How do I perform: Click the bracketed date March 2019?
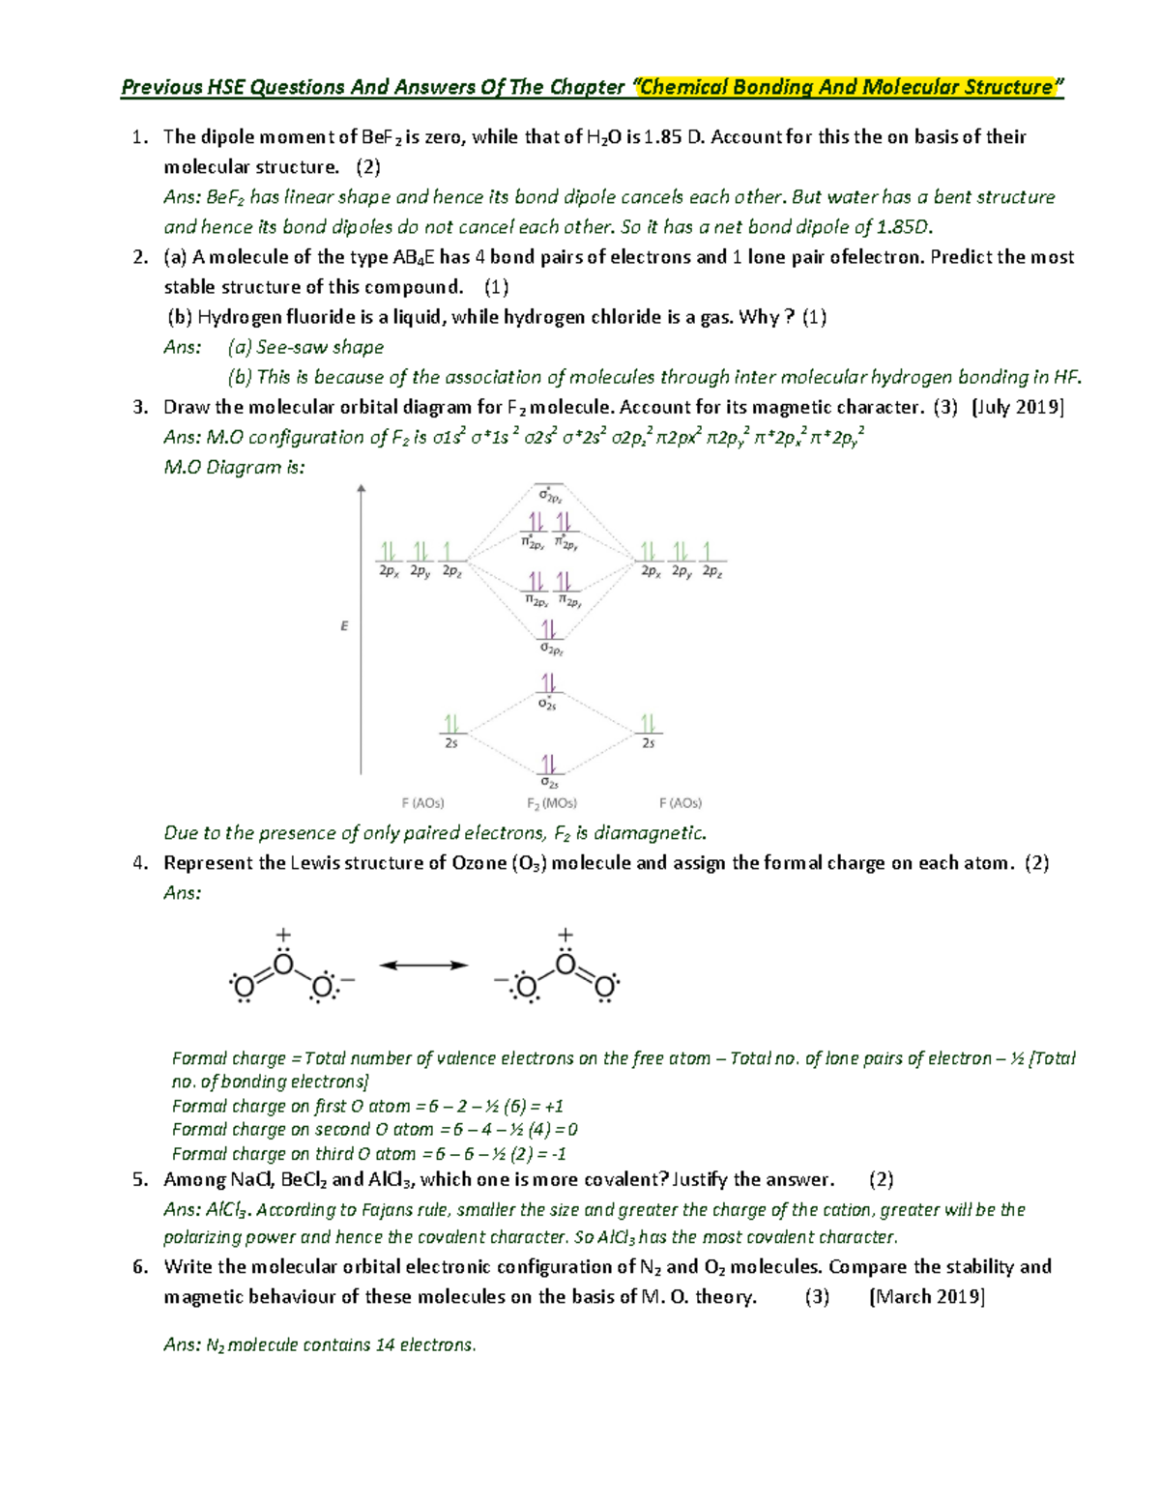point(927,1297)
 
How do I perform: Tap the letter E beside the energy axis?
point(344,626)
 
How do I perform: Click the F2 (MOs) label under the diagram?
point(551,803)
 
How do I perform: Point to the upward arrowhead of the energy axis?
point(362,490)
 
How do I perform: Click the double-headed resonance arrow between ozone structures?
point(423,965)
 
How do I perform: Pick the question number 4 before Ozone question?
point(139,863)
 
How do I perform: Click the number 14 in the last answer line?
point(385,1345)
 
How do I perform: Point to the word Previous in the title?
point(160,88)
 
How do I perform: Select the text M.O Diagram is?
point(235,468)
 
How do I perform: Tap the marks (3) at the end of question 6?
point(818,1297)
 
